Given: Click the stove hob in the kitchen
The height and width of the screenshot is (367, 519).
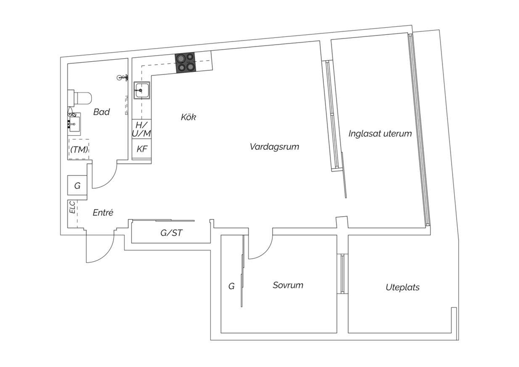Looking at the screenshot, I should (186, 62).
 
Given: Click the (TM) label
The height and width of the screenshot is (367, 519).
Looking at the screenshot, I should (79, 149).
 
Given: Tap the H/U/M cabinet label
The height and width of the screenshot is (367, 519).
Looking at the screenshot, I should (141, 129).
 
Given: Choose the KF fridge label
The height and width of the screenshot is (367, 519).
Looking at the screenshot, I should (142, 149).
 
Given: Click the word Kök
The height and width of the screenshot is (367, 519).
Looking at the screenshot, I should (188, 117).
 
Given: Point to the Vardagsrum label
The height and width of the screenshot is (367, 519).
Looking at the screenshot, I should (274, 147).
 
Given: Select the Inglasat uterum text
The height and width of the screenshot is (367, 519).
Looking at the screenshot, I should (380, 134).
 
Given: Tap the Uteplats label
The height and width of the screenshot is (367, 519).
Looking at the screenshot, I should (402, 288).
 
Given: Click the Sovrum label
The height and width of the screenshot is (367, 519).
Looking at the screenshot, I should (288, 285).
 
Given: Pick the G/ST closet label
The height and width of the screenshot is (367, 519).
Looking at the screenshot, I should (171, 233).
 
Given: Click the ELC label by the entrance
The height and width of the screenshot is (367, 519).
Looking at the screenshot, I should (72, 208).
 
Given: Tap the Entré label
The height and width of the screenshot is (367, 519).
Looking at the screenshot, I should (102, 213).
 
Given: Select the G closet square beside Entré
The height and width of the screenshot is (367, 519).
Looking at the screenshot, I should (77, 186).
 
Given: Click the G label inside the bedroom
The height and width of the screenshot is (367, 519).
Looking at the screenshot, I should (231, 287).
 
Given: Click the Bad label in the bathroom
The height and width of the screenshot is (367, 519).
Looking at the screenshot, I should (101, 112).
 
